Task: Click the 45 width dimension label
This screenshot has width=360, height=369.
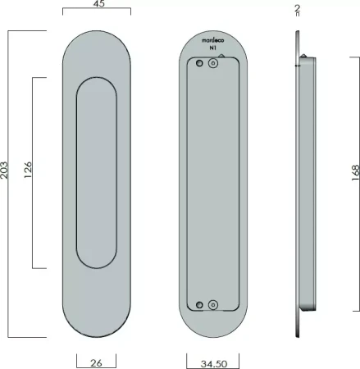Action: point(99,3)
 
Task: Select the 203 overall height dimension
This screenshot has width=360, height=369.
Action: point(4,171)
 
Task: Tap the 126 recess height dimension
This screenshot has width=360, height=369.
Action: point(28,170)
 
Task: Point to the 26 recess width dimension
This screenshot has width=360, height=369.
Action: point(96,363)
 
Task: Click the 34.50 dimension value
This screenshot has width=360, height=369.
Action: point(214,364)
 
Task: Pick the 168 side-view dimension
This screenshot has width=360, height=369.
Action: point(355,173)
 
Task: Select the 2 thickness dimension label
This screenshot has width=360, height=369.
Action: point(298,7)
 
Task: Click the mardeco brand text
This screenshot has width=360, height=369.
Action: point(213,40)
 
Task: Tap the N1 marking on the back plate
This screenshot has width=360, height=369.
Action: point(212,48)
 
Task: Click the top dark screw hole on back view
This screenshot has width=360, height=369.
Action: point(199,63)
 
